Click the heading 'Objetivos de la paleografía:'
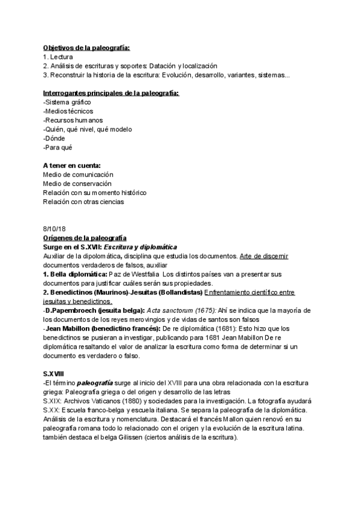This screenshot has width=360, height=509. [86, 47]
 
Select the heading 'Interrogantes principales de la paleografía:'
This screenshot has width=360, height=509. [111, 93]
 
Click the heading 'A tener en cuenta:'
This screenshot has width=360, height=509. [71, 165]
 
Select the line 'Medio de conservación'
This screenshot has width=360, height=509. [77, 183]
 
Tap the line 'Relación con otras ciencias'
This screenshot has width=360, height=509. [83, 202]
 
